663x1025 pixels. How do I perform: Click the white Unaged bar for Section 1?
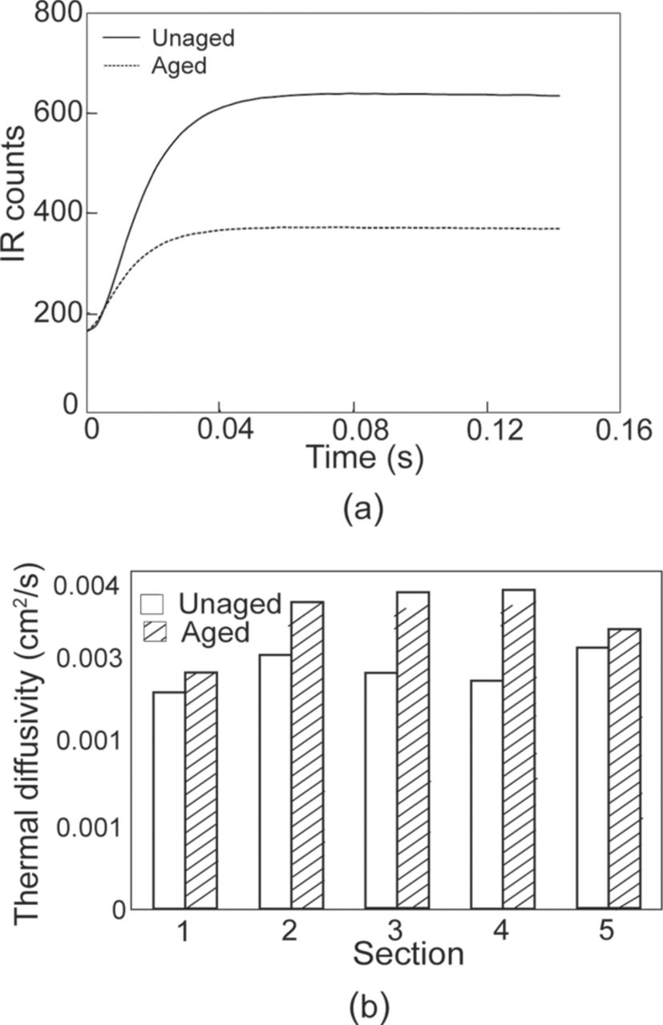point(168,801)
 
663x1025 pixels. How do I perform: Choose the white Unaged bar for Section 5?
point(592,778)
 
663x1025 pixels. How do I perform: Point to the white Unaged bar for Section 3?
point(381,790)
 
